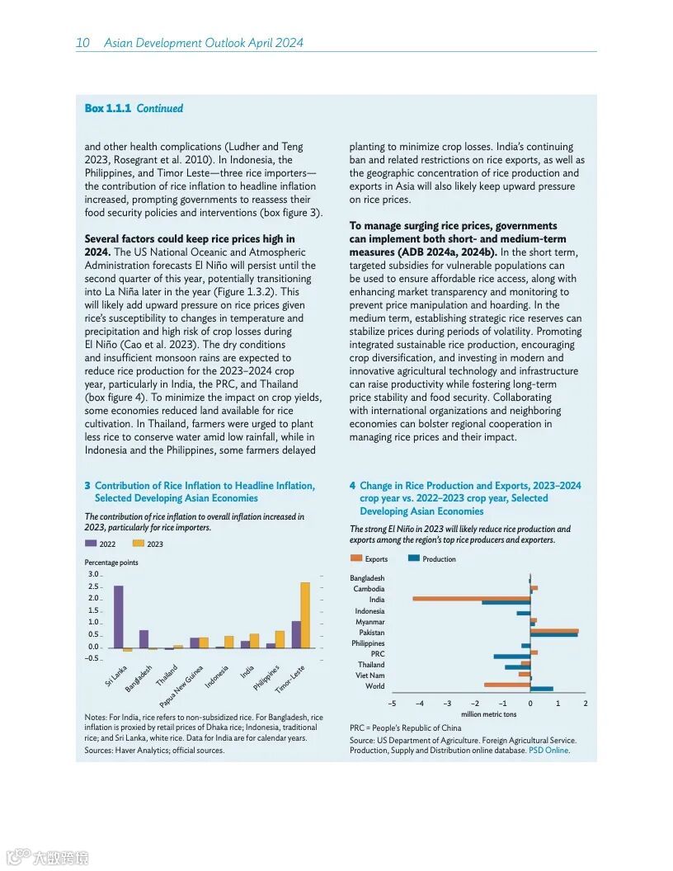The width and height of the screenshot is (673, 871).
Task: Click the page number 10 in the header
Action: coord(82,43)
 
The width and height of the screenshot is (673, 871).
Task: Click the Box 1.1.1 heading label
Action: coord(106,108)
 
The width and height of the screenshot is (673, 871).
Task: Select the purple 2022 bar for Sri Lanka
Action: coord(119,616)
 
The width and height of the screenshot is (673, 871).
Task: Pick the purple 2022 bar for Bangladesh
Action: coord(144,638)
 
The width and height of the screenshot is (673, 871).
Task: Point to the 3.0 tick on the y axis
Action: coord(92,574)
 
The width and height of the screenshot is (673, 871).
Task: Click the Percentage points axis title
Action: coord(111,563)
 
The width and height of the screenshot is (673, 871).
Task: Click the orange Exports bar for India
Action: coord(471,598)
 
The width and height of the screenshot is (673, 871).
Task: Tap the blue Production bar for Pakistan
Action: coord(553,635)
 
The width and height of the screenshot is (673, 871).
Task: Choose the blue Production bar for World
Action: coord(542,689)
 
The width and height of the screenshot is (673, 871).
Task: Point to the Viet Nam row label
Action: coord(370,676)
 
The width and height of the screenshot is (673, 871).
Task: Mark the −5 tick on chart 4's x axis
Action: coord(392,704)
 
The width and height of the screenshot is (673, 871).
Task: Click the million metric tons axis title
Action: coord(488,714)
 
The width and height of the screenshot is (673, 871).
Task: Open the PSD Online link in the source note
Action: coord(548,751)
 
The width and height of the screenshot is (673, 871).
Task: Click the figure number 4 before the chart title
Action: coord(352,486)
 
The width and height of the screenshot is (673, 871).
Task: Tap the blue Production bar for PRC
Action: coord(511,657)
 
